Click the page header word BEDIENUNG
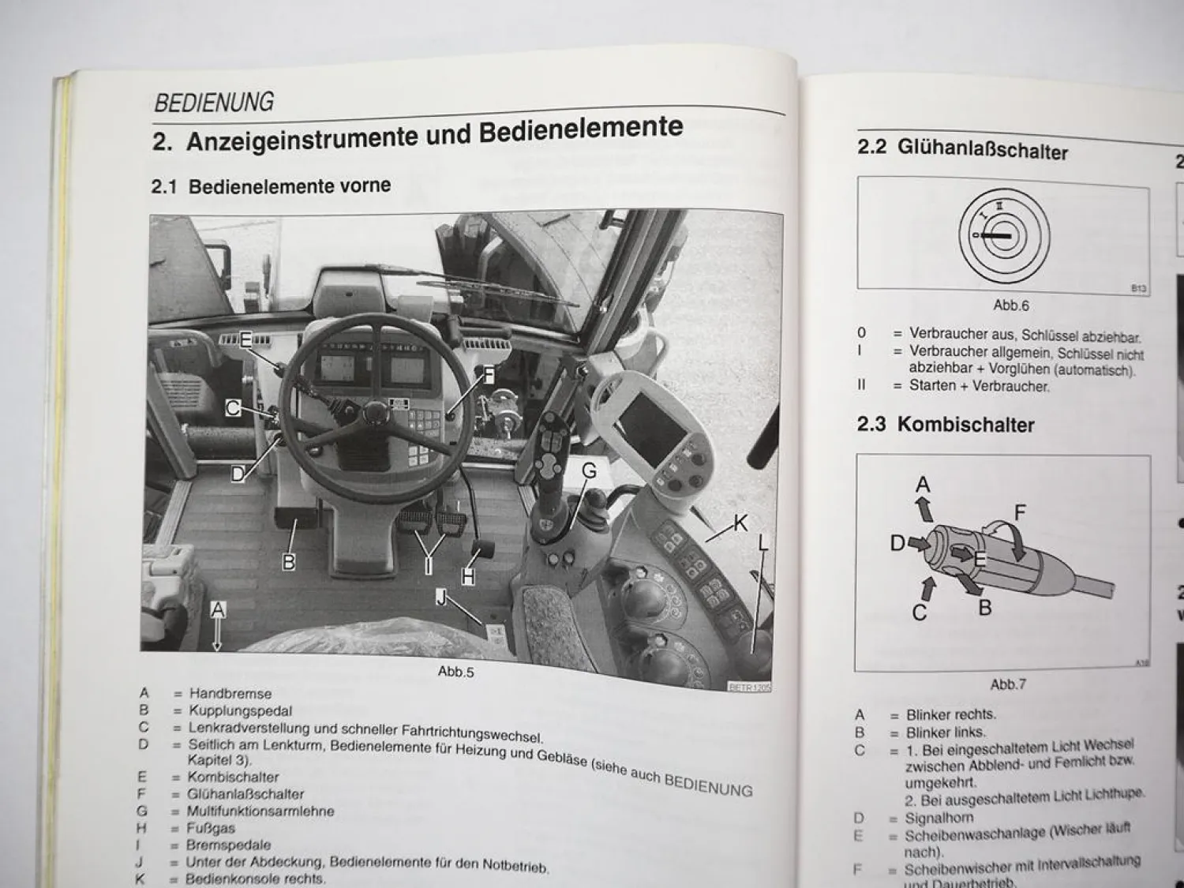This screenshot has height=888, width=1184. pyautogui.click(x=214, y=103)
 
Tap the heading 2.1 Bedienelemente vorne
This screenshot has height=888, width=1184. pyautogui.click(x=271, y=186)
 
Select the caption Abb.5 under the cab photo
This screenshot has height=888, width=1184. pyautogui.click(x=455, y=672)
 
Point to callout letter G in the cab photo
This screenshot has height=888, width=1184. pyautogui.click(x=589, y=471)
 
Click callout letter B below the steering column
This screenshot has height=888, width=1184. pyautogui.click(x=289, y=562)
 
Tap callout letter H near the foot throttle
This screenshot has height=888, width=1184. pyautogui.click(x=468, y=577)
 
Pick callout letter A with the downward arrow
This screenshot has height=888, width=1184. pyautogui.click(x=218, y=609)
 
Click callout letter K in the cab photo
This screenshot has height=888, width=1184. pyautogui.click(x=740, y=522)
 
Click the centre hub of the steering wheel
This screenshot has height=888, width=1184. pyautogui.click(x=374, y=411)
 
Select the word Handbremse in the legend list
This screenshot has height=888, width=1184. pyautogui.click(x=230, y=694)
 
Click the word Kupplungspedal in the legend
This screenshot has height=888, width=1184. pyautogui.click(x=240, y=710)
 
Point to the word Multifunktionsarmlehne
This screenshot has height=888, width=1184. pyautogui.click(x=260, y=811)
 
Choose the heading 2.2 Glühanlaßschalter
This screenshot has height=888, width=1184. pyautogui.click(x=962, y=150)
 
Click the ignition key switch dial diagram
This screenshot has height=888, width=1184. pyautogui.click(x=999, y=235)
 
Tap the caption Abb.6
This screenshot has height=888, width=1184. pyautogui.click(x=1010, y=305)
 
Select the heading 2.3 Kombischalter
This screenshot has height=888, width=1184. pyautogui.click(x=946, y=425)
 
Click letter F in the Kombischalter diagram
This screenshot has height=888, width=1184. pyautogui.click(x=1020, y=513)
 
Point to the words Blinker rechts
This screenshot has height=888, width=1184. pyautogui.click(x=950, y=715)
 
